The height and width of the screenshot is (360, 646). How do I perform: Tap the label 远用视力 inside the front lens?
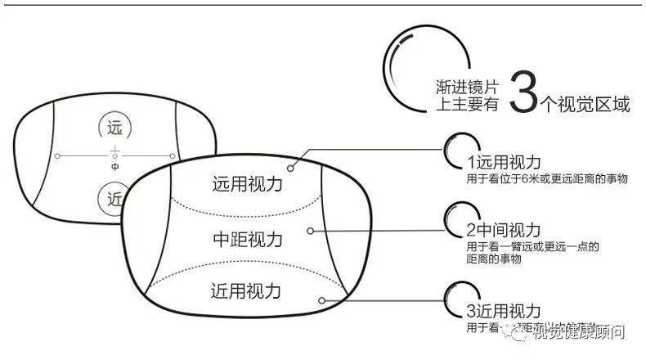click(247, 184)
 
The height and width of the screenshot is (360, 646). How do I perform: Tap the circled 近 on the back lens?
click(113, 196)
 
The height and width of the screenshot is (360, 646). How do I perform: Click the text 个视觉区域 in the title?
click(585, 104)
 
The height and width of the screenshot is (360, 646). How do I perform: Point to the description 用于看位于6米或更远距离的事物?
click(547, 178)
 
